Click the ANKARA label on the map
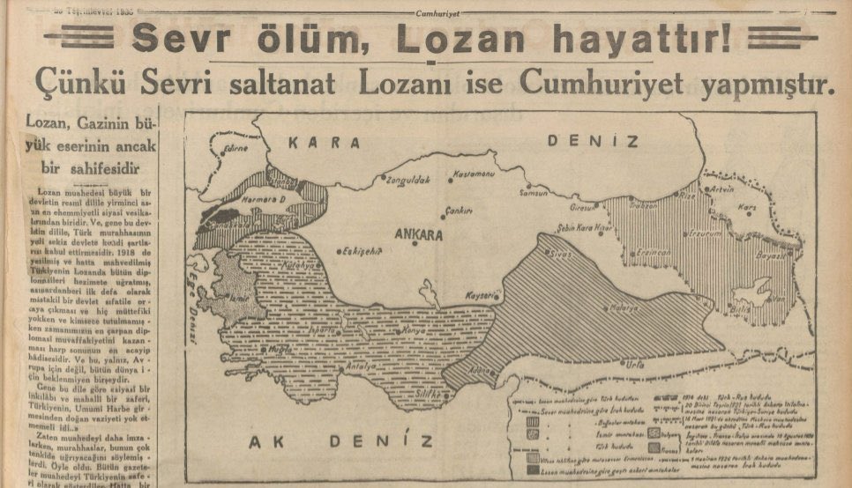click(419, 235)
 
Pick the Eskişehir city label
click(364, 249)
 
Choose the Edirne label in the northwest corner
click(235, 150)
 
